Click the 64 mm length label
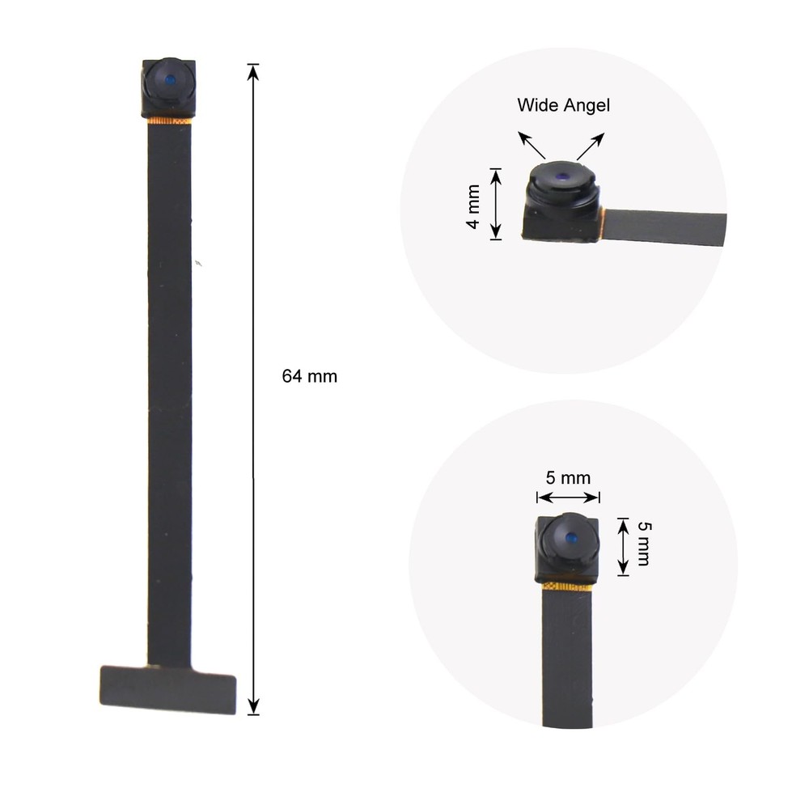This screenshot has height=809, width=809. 310,376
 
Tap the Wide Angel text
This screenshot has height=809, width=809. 563,105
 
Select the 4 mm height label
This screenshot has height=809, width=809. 473,206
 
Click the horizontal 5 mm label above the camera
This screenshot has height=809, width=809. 568,478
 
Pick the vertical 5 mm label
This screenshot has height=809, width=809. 644,544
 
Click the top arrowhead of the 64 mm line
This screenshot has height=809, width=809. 252,71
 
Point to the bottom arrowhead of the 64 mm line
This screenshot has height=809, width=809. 252,706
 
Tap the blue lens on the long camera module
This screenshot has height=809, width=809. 170,80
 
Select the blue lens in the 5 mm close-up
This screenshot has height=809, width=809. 570,539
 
